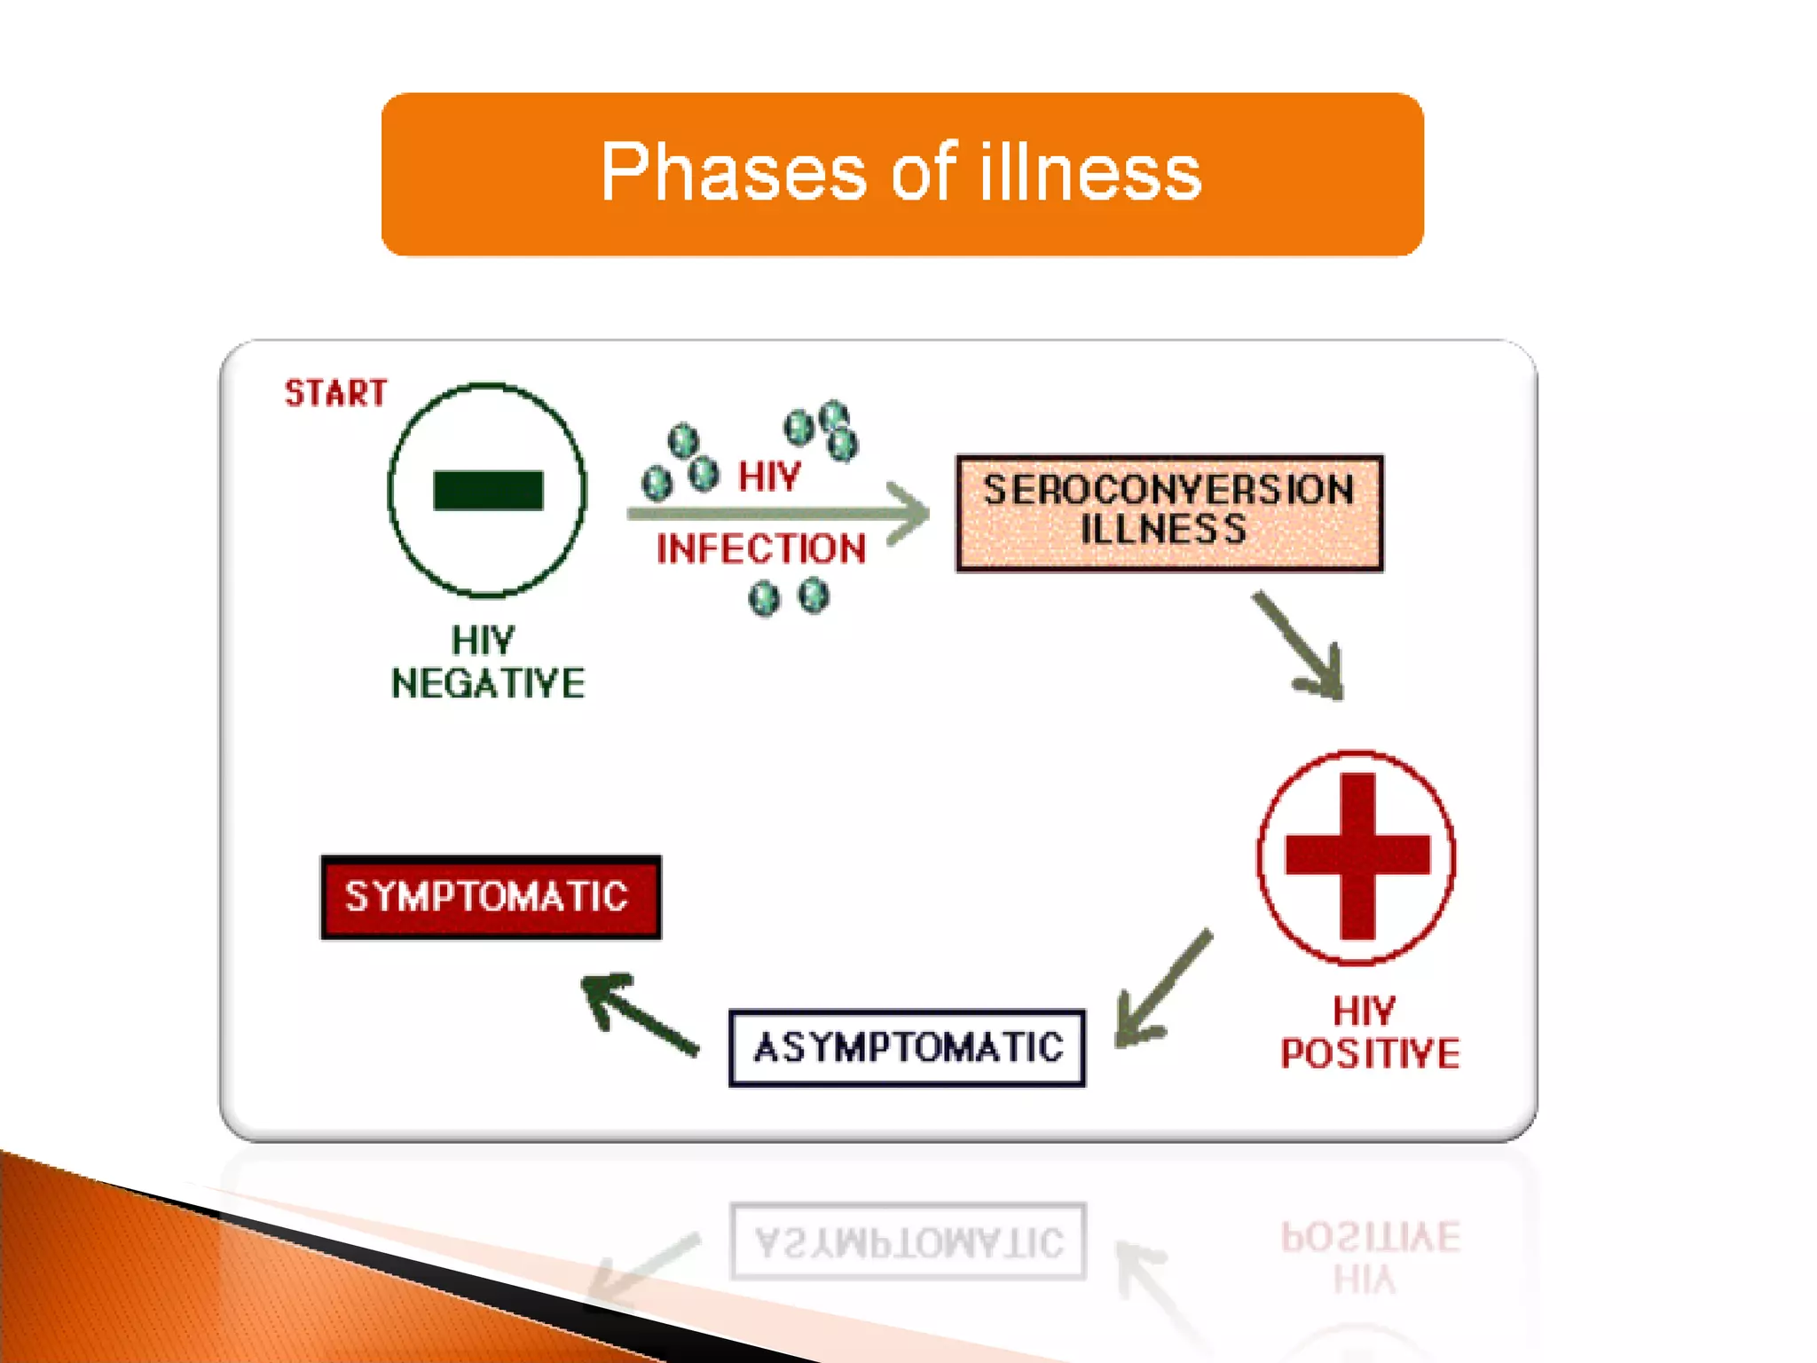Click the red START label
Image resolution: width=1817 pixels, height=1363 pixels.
click(335, 393)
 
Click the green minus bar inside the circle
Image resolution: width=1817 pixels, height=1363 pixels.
click(488, 491)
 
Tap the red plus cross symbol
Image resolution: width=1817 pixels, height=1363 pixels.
click(1357, 855)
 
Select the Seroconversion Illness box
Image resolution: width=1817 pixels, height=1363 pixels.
click(1169, 513)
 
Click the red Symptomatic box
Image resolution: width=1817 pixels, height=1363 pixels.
click(491, 896)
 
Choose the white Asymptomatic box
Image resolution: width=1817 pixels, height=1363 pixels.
click(907, 1048)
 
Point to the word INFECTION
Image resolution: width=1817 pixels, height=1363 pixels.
click(761, 549)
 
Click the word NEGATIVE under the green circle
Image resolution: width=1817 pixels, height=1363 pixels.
click(488, 684)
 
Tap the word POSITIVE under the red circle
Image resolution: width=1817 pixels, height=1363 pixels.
click(1370, 1054)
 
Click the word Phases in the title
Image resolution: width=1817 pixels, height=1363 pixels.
click(733, 172)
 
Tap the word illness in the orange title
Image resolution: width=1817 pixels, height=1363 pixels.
click(1090, 172)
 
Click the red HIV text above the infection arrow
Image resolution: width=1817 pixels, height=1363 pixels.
click(769, 477)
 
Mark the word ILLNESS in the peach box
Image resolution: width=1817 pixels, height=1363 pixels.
click(1164, 531)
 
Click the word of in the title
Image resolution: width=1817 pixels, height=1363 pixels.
click(924, 172)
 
